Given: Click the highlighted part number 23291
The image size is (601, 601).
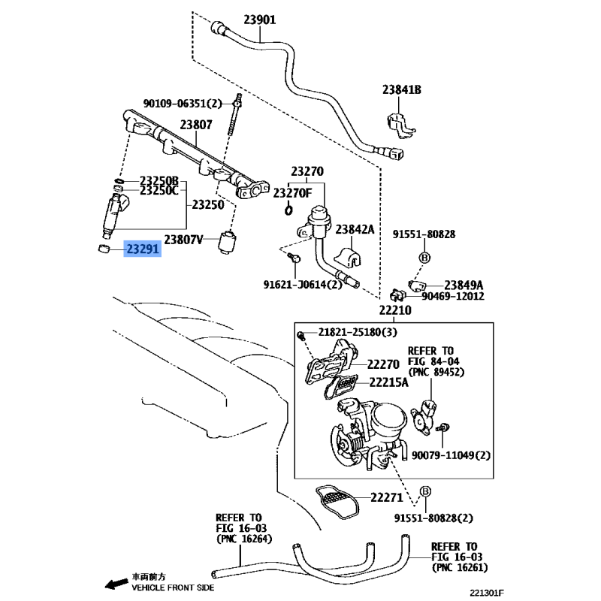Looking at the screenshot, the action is [x=143, y=249].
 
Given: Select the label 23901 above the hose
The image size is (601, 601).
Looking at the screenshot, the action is [x=260, y=20].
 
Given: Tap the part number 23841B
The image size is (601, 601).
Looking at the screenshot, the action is [x=402, y=89].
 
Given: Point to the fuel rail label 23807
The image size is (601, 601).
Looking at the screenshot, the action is [x=196, y=125].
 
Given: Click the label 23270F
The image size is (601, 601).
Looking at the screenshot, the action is [x=292, y=193].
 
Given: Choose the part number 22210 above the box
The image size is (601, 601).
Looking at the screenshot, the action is [x=395, y=310].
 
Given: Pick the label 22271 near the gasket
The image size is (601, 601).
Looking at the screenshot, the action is [x=387, y=497].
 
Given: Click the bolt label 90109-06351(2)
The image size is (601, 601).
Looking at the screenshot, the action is [x=183, y=104].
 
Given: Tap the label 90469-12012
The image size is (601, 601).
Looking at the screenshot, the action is [x=453, y=296].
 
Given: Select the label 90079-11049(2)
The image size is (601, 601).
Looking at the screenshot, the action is [x=451, y=455].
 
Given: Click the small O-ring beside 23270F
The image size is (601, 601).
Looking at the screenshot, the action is [x=288, y=210].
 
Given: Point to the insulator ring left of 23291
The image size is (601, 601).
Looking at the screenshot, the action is [x=104, y=249].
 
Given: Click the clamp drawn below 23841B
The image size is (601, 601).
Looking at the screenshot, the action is [x=400, y=125].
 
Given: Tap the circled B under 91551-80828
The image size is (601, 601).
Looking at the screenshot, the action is [x=424, y=258].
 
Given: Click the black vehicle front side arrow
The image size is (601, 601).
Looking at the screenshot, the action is [x=116, y=584].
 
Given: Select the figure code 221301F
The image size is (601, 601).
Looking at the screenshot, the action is [x=487, y=593].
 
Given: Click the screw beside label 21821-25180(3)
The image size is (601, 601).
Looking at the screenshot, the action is [x=301, y=336].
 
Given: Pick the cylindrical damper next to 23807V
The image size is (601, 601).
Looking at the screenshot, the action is [x=227, y=242].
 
